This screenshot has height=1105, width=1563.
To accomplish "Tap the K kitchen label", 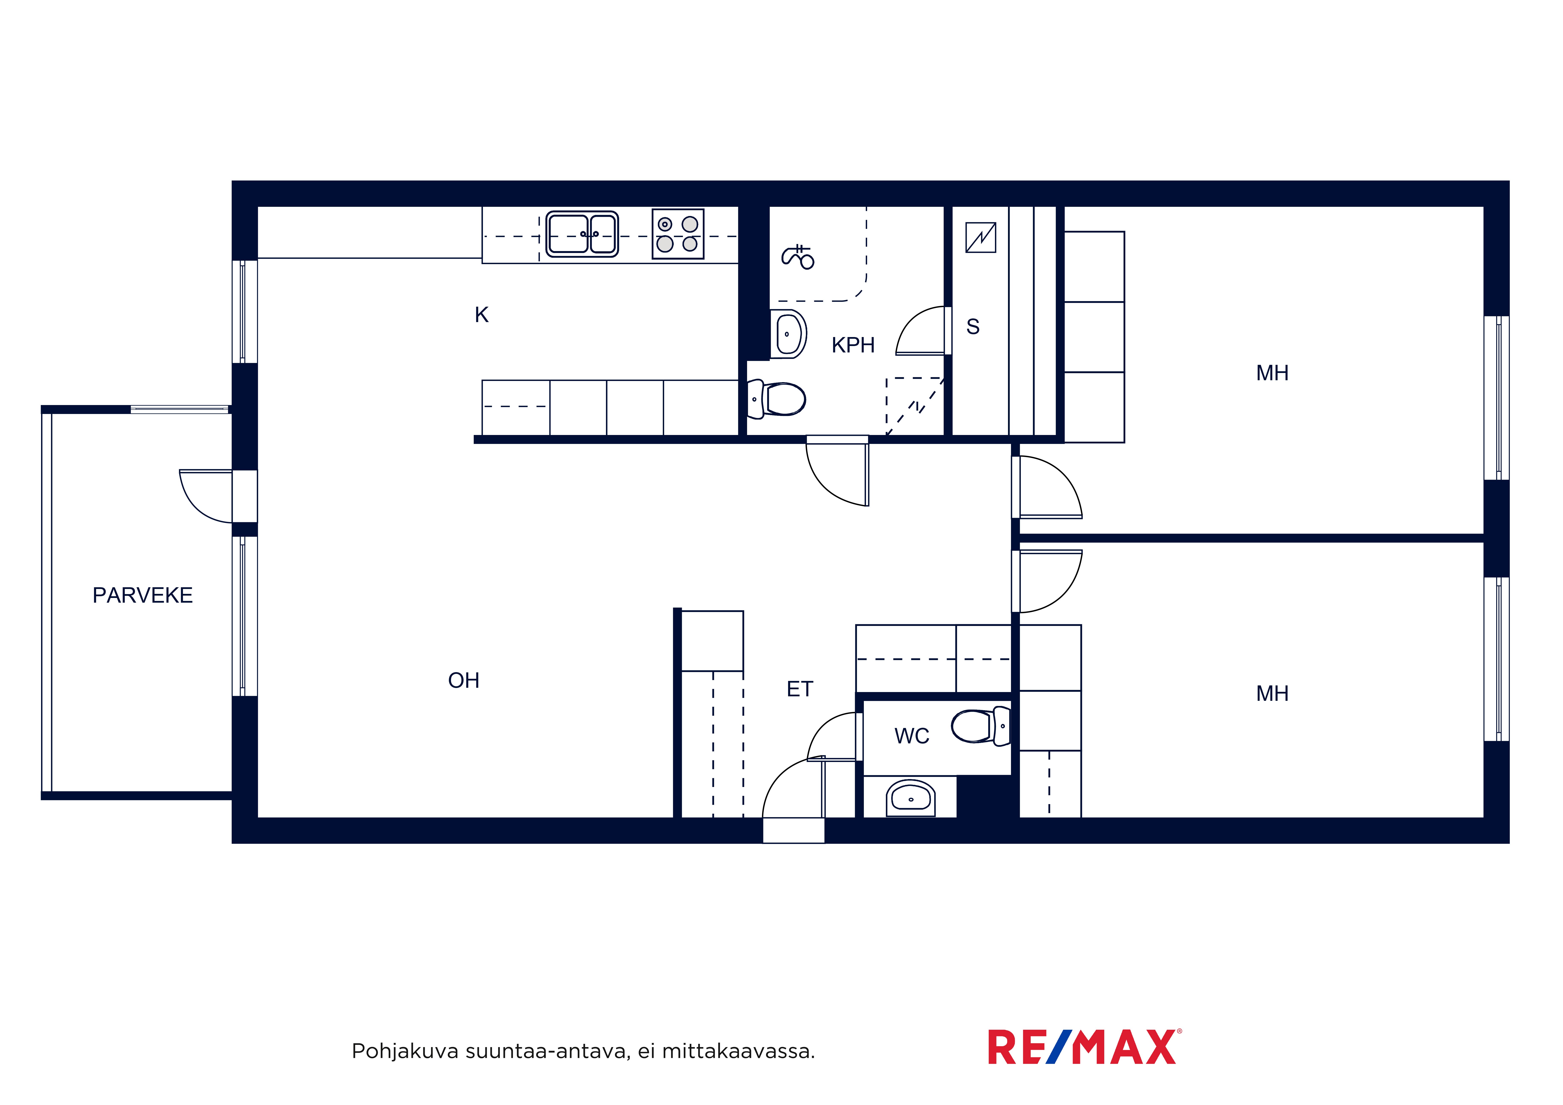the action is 481,315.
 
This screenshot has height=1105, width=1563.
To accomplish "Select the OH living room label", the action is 464,680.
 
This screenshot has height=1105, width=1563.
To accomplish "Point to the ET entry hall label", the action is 800,689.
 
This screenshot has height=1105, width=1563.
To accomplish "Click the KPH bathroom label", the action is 853,345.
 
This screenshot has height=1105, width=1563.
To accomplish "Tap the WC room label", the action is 912,736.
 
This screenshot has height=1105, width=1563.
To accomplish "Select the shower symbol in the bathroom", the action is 798,257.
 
